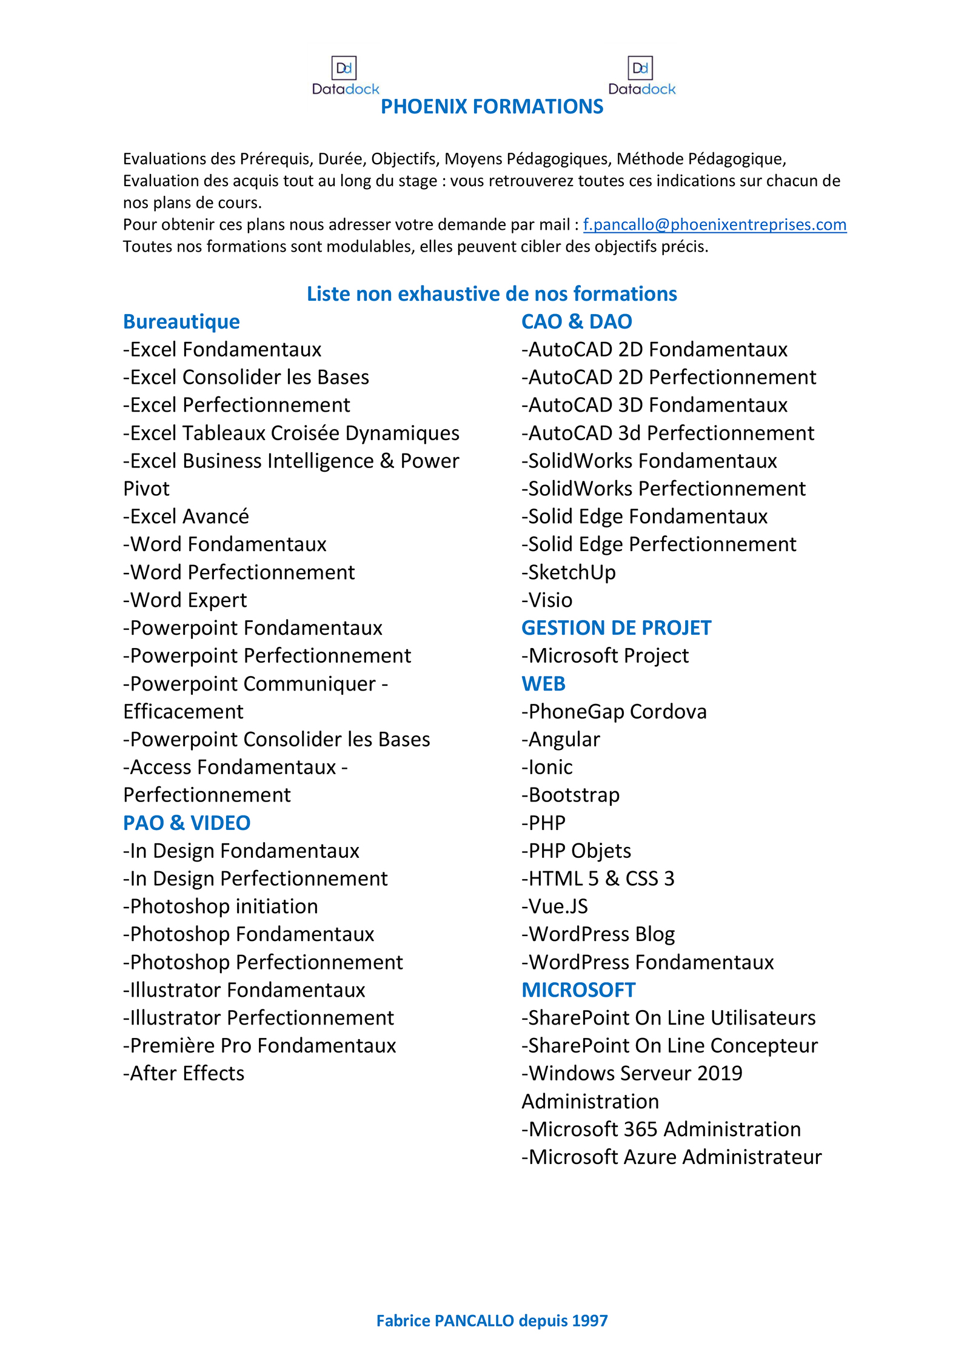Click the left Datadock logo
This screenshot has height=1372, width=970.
coord(345,76)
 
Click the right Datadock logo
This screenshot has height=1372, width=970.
coord(641,76)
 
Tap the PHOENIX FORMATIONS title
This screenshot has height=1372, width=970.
coord(492,107)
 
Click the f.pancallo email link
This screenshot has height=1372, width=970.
coord(714,224)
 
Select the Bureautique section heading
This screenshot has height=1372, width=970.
coord(181,321)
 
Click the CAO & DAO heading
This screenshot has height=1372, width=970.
coord(577,321)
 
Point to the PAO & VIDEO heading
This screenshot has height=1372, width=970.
coord(187,823)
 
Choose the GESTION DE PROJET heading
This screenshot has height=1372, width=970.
coord(616,627)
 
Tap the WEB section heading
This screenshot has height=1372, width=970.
coord(543,683)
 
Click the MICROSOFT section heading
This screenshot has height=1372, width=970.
coord(578,990)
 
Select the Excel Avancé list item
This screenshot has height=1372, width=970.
coord(186,516)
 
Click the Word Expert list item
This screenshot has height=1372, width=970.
coord(185,600)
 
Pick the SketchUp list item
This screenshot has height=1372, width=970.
coord(569,572)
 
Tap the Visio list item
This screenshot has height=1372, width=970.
coord(547,600)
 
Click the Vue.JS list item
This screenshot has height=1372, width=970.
coord(555,906)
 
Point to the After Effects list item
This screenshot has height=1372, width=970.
coord(184,1073)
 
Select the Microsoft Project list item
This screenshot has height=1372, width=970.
coord(605,655)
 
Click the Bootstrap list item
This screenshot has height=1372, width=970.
coord(570,795)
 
